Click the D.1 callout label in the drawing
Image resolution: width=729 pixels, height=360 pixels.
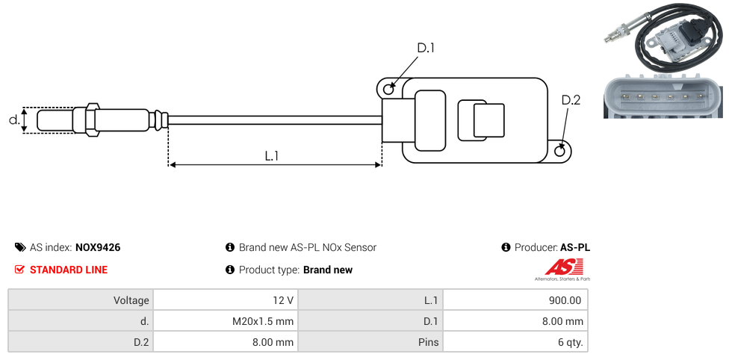pyautogui.click(x=426, y=49)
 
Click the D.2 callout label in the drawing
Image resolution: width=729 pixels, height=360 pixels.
pyautogui.click(x=571, y=101)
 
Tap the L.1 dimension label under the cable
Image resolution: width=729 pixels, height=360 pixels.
pyautogui.click(x=272, y=156)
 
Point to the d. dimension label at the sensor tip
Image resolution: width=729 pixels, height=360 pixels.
pyautogui.click(x=13, y=120)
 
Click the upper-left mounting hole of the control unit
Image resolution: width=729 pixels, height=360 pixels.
pyautogui.click(x=388, y=90)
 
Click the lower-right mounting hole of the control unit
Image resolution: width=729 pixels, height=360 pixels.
pyautogui.click(x=561, y=151)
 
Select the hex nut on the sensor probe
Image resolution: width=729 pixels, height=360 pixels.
pyautogui.click(x=92, y=120)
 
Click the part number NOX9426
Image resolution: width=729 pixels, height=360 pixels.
pyautogui.click(x=98, y=247)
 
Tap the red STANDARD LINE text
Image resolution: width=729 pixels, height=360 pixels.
pyautogui.click(x=69, y=270)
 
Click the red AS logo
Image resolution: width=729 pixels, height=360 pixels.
pyautogui.click(x=559, y=267)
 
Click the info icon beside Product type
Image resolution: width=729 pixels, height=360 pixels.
pyautogui.click(x=230, y=270)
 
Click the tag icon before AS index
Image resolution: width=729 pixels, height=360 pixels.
pyautogui.click(x=20, y=247)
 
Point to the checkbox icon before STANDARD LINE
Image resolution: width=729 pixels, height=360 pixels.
pyautogui.click(x=20, y=270)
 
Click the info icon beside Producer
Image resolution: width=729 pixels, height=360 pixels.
pyautogui.click(x=506, y=247)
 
